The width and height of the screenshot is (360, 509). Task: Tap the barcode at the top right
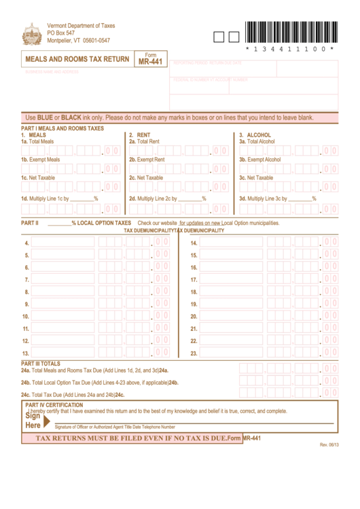[x=288, y=32]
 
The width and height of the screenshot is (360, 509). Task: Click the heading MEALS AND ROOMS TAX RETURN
[x=77, y=60]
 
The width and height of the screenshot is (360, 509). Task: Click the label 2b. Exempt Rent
[x=147, y=160]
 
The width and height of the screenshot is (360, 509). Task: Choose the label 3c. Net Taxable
[x=256, y=178]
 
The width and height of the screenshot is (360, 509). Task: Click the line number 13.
[x=26, y=353]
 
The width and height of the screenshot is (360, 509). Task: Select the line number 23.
[x=194, y=353]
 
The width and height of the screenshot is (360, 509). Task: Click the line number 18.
[x=194, y=292]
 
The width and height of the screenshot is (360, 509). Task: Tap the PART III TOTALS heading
[x=41, y=364]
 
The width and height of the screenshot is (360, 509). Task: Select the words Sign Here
[x=33, y=420]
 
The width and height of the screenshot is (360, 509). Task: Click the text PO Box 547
[x=61, y=33]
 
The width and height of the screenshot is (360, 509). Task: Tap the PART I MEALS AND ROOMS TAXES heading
[x=62, y=128]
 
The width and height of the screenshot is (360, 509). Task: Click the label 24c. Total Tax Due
[x=72, y=394]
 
